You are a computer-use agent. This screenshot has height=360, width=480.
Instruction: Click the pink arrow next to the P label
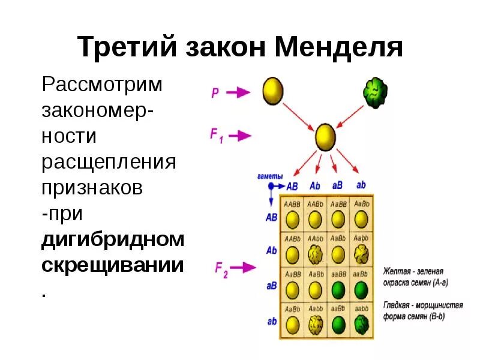[x=239, y=92]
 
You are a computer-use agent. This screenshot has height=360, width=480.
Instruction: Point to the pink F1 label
[x=216, y=136]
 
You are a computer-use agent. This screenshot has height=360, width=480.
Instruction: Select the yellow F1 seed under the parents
[x=325, y=136]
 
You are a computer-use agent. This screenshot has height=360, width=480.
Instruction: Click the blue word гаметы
[x=271, y=176]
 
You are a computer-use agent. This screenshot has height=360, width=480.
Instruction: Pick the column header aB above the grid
[x=338, y=185]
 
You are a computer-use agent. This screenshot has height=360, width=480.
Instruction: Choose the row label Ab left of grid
[x=271, y=250]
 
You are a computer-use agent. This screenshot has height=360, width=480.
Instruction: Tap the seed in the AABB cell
[x=292, y=220]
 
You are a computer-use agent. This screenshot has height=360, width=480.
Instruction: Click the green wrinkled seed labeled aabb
[x=361, y=325]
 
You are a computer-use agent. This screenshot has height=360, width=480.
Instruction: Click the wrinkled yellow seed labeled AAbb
[x=316, y=255]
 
